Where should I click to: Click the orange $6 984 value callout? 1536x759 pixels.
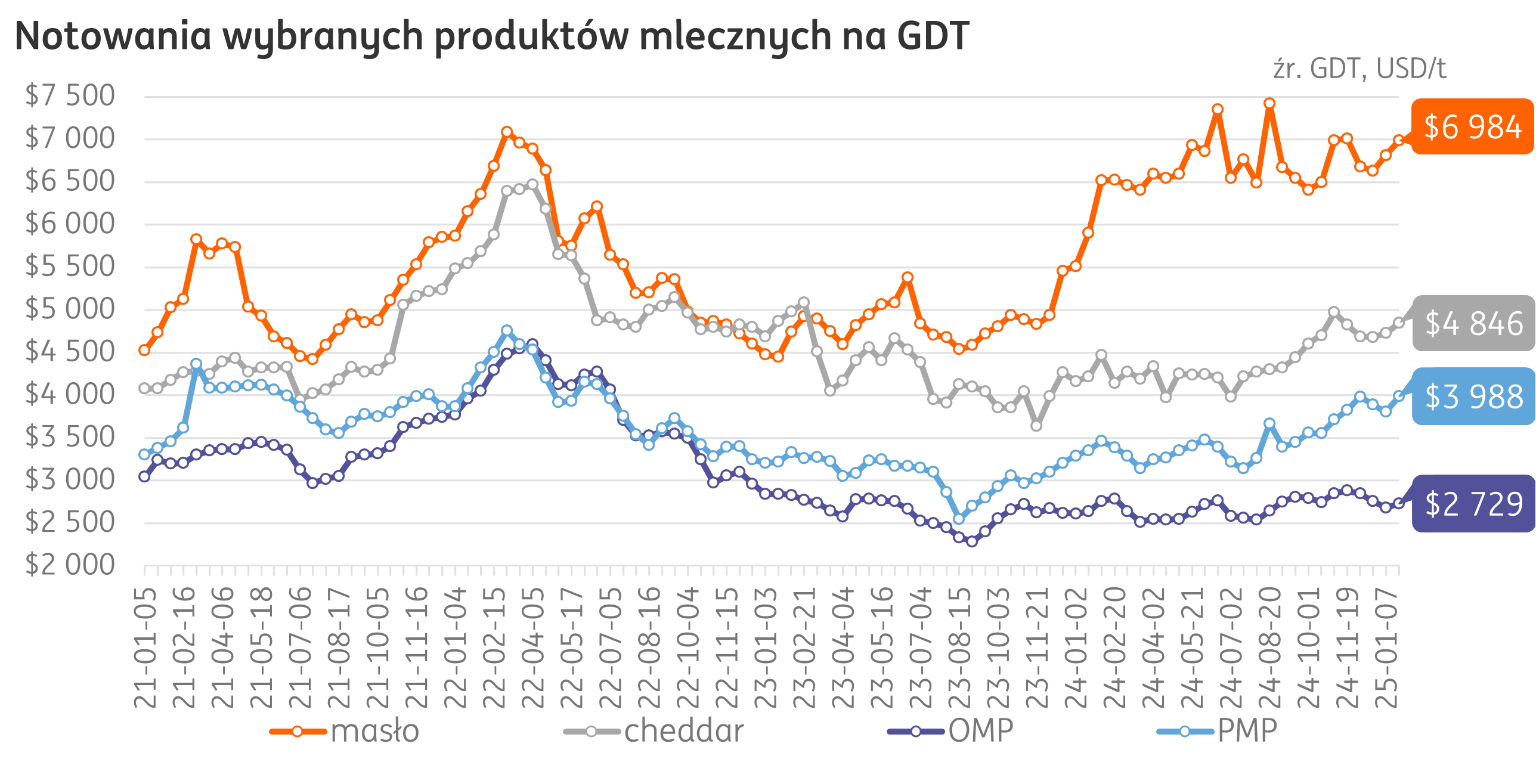(x=1472, y=127)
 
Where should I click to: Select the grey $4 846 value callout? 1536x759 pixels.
(x=1473, y=323)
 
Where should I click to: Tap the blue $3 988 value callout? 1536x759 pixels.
(x=1473, y=396)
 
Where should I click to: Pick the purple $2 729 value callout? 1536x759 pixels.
(x=1473, y=504)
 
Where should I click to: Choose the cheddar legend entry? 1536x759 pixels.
(x=654, y=731)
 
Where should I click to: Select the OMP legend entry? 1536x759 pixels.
(x=950, y=731)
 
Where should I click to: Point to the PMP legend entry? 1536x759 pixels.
(x=1216, y=731)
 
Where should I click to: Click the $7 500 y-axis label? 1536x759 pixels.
(x=70, y=95)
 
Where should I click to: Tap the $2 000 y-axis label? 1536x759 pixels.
(x=70, y=565)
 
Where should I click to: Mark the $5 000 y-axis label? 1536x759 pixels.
(x=70, y=309)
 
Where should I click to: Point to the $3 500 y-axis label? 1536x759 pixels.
(x=70, y=437)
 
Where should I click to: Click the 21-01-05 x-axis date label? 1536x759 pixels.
(x=145, y=647)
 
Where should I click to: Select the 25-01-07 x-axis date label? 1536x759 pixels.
(x=1386, y=647)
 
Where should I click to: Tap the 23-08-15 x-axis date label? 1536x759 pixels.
(x=959, y=647)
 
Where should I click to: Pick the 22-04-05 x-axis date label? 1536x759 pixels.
(x=532, y=647)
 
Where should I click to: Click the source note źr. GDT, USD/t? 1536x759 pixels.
(x=1360, y=69)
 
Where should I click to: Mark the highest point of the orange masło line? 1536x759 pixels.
(x=1269, y=103)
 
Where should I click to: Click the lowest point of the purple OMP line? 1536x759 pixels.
(x=972, y=541)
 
